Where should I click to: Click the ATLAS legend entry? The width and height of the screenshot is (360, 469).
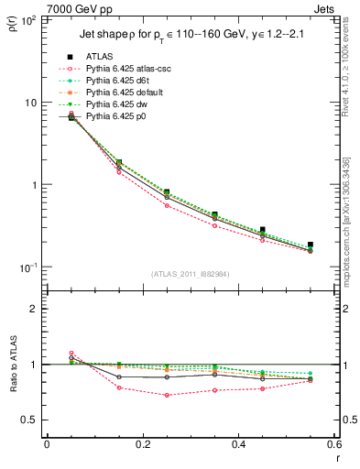(x=100, y=57)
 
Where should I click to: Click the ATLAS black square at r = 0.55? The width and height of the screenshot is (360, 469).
(x=310, y=245)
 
